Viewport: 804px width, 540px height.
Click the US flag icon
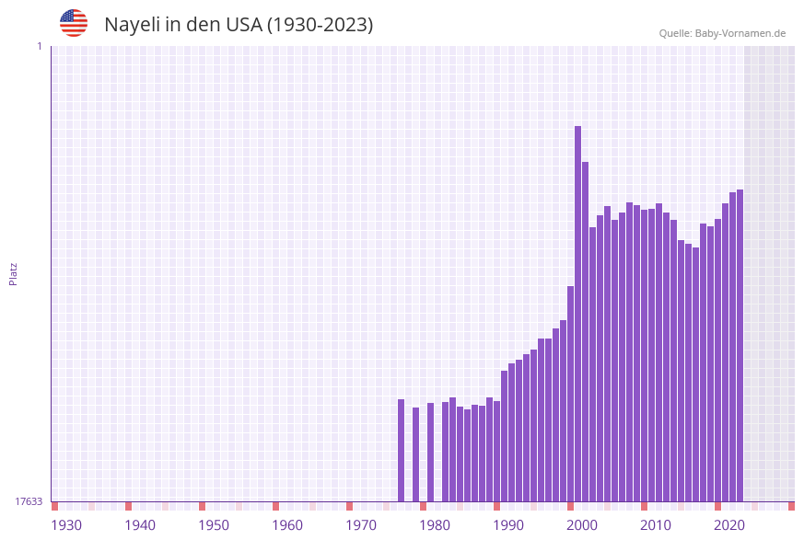coord(74,23)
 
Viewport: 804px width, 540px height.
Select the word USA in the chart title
coord(244,25)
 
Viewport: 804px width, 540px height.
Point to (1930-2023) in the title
coord(320,25)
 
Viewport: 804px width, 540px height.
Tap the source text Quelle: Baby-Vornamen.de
coord(722,33)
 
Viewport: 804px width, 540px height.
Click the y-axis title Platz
coord(14,273)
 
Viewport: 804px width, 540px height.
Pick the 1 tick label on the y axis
coord(39,46)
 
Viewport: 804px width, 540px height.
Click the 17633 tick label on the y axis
coord(29,501)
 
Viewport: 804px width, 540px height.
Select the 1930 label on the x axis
coord(66,525)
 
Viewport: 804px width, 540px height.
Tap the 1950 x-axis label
coord(214,525)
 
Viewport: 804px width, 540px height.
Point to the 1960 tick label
coord(287,525)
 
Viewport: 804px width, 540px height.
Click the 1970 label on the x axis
coord(361,525)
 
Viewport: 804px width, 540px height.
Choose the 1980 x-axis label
coord(435,525)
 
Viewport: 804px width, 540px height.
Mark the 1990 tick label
coord(508,525)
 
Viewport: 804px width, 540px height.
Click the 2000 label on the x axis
coord(582,525)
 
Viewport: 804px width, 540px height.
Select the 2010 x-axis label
coord(656,525)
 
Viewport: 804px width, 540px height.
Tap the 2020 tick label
coord(729,525)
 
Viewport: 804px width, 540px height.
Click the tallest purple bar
coord(578,313)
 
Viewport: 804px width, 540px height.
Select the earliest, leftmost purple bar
coord(402,450)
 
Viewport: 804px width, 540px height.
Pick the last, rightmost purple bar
coord(740,345)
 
